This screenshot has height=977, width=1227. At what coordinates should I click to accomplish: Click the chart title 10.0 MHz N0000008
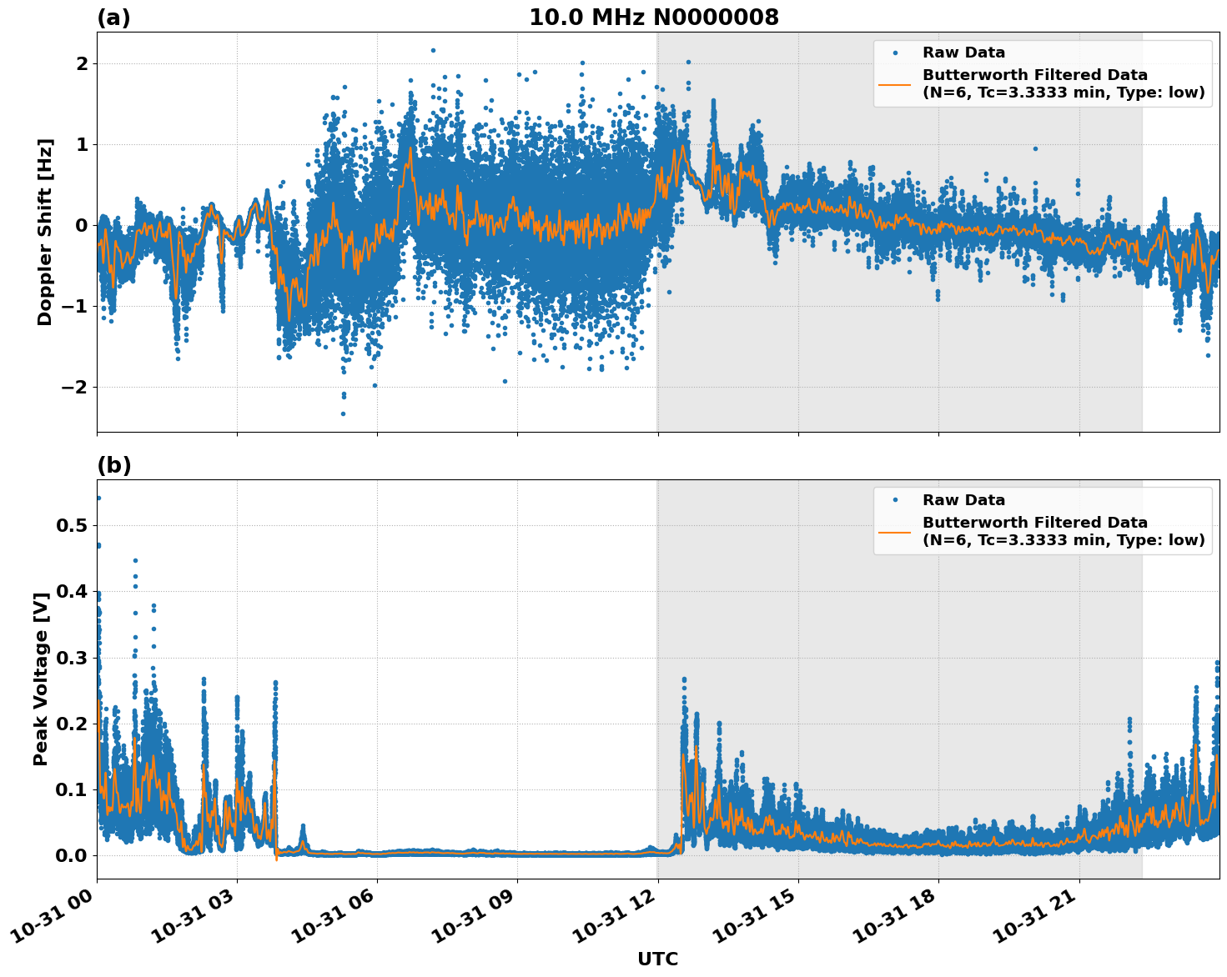(x=653, y=18)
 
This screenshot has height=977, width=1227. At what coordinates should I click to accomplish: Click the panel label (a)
(x=113, y=18)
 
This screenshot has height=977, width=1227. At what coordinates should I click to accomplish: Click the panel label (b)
(x=113, y=465)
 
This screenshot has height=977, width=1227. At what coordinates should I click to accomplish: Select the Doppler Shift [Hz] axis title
(x=45, y=232)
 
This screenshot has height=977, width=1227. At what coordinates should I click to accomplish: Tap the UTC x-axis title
(x=657, y=959)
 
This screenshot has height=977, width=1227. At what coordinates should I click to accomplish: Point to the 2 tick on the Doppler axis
(x=82, y=63)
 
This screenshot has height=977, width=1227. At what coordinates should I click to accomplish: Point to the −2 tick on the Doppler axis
(x=74, y=387)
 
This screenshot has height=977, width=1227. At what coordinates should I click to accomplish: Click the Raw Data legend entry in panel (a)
(x=963, y=53)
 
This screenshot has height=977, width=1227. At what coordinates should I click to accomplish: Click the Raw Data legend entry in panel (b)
(x=963, y=500)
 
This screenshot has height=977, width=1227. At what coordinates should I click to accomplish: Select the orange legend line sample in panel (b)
(x=896, y=531)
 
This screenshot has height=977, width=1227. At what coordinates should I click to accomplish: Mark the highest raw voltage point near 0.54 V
(x=98, y=498)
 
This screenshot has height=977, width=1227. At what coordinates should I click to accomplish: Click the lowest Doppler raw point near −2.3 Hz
(x=343, y=413)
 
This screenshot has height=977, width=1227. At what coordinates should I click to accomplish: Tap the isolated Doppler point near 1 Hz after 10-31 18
(x=1035, y=148)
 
